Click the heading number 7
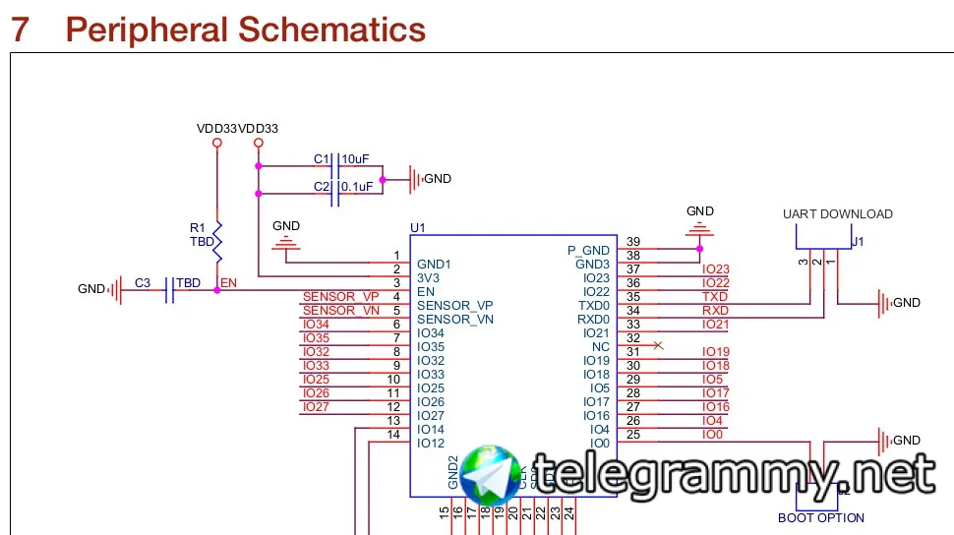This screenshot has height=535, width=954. coord(20,30)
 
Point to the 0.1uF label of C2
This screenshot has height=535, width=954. coord(356,186)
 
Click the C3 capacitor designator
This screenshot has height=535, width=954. coord(143,283)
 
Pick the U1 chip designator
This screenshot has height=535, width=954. coord(418,228)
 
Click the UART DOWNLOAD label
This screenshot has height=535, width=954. coord(837,213)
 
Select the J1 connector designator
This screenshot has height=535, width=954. coord(858,241)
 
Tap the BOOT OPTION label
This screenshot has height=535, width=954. coord(820,518)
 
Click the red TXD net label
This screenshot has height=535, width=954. coord(715,297)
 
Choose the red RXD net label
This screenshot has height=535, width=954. coord(715,311)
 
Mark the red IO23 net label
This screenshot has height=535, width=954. coord(715,269)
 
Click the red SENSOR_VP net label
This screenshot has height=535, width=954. coord(340,297)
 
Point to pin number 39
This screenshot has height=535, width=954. coord(633,242)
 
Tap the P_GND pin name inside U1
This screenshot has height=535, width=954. coord(589,250)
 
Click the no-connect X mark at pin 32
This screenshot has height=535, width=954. coord(658,345)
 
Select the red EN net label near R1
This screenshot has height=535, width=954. coord(228,283)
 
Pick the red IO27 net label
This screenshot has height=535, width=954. coord(316,407)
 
